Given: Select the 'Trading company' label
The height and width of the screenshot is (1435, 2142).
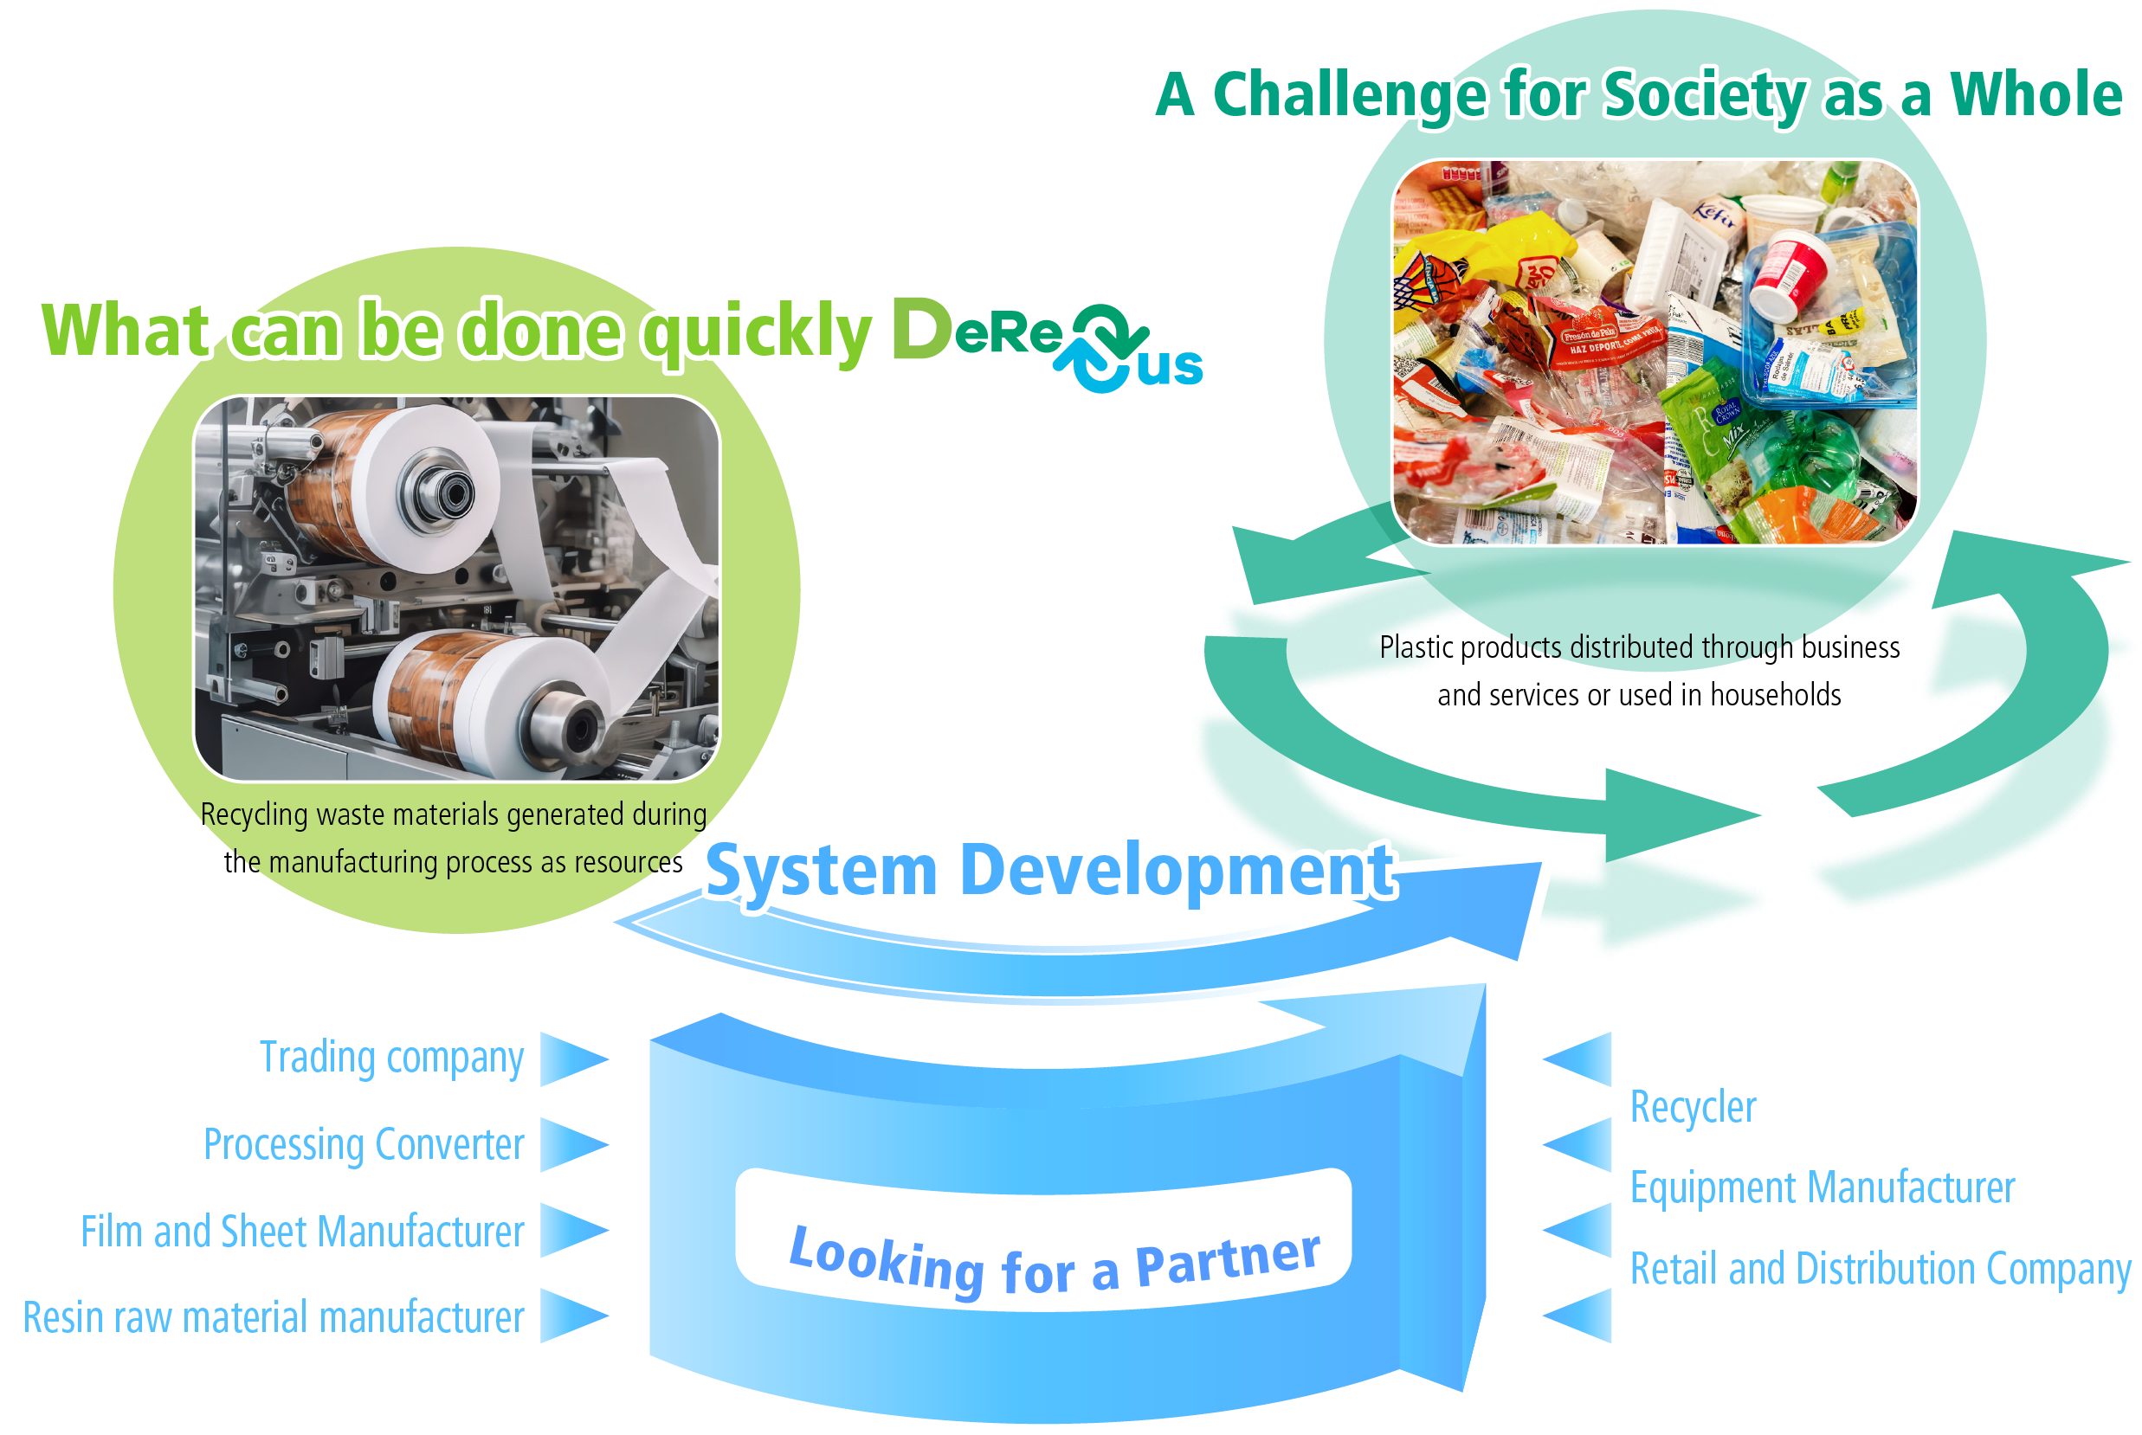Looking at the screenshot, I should [392, 1058].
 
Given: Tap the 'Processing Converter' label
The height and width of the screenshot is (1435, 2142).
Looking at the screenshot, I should [364, 1145].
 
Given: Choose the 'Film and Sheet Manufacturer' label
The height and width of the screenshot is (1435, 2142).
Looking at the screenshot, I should [302, 1232].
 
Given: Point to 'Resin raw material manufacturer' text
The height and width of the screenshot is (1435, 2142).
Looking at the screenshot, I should [273, 1318].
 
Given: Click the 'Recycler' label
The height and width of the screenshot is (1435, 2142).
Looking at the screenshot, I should [1693, 1107].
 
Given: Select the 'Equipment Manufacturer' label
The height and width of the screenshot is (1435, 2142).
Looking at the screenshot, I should [1822, 1188].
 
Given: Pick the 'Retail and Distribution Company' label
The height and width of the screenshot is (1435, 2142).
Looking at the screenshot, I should [1881, 1270].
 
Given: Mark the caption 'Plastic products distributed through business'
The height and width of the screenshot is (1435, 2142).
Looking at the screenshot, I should [1639, 648].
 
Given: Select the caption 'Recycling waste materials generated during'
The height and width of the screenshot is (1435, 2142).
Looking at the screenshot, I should [453, 814].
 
